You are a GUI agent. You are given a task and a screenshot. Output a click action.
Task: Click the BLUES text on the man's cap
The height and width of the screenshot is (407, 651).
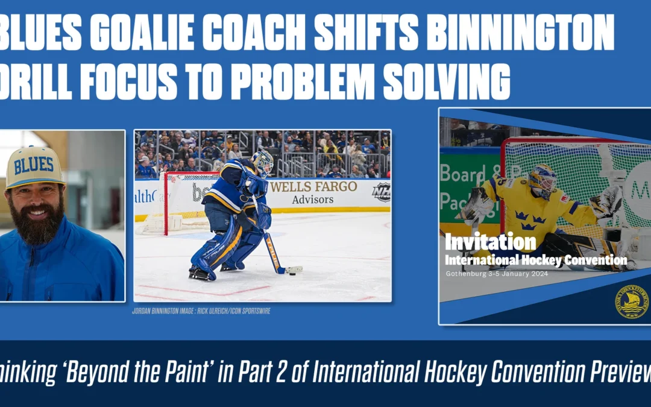tap(34, 165)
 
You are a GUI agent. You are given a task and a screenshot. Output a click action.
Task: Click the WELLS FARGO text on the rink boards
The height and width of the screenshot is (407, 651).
tap(313, 187)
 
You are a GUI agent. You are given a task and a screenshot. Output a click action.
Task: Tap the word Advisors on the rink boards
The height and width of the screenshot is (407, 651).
tap(313, 200)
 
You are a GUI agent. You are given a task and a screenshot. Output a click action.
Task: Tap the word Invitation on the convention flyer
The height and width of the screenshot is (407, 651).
tap(490, 242)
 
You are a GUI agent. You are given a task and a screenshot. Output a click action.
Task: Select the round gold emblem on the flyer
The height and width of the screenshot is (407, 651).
tap(631, 301)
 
